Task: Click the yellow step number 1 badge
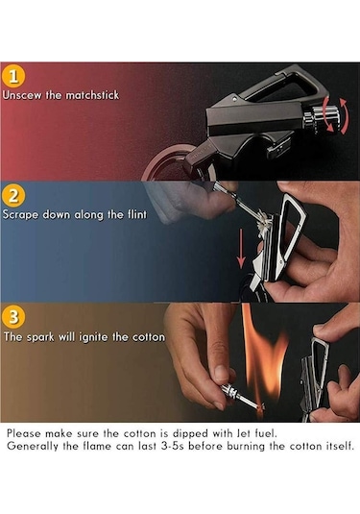pos(13,77)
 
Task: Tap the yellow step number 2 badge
pos(13,196)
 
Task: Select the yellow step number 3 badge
pos(13,317)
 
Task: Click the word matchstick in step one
pos(92,95)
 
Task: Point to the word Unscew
pos(22,95)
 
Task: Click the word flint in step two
pos(136,214)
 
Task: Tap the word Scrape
pos(21,215)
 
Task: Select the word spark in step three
pos(40,337)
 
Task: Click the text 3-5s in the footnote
pos(172,446)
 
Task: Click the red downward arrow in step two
pos(241,248)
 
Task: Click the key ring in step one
pos(170,163)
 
